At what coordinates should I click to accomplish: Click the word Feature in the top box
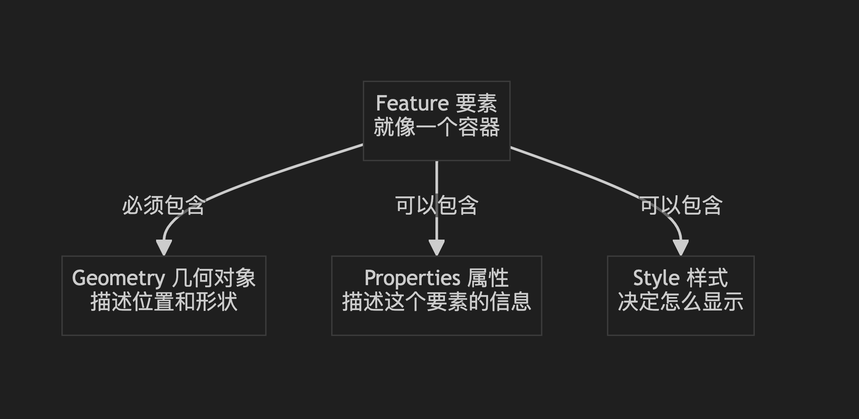(412, 104)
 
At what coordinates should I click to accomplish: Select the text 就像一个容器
(437, 128)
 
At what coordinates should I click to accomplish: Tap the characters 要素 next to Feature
(476, 104)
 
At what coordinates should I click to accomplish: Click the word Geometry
(118, 278)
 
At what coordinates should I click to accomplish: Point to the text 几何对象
(214, 278)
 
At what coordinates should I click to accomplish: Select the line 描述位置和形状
(164, 302)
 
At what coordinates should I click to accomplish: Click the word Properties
(412, 278)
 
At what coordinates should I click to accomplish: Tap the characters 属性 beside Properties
(488, 278)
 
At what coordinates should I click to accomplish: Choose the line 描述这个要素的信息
(437, 302)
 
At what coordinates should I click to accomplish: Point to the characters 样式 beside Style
(707, 278)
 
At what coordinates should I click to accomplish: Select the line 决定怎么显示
(681, 302)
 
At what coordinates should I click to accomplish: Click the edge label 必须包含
(164, 206)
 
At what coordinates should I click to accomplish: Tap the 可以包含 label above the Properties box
(437, 206)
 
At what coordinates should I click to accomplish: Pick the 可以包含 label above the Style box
(681, 206)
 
